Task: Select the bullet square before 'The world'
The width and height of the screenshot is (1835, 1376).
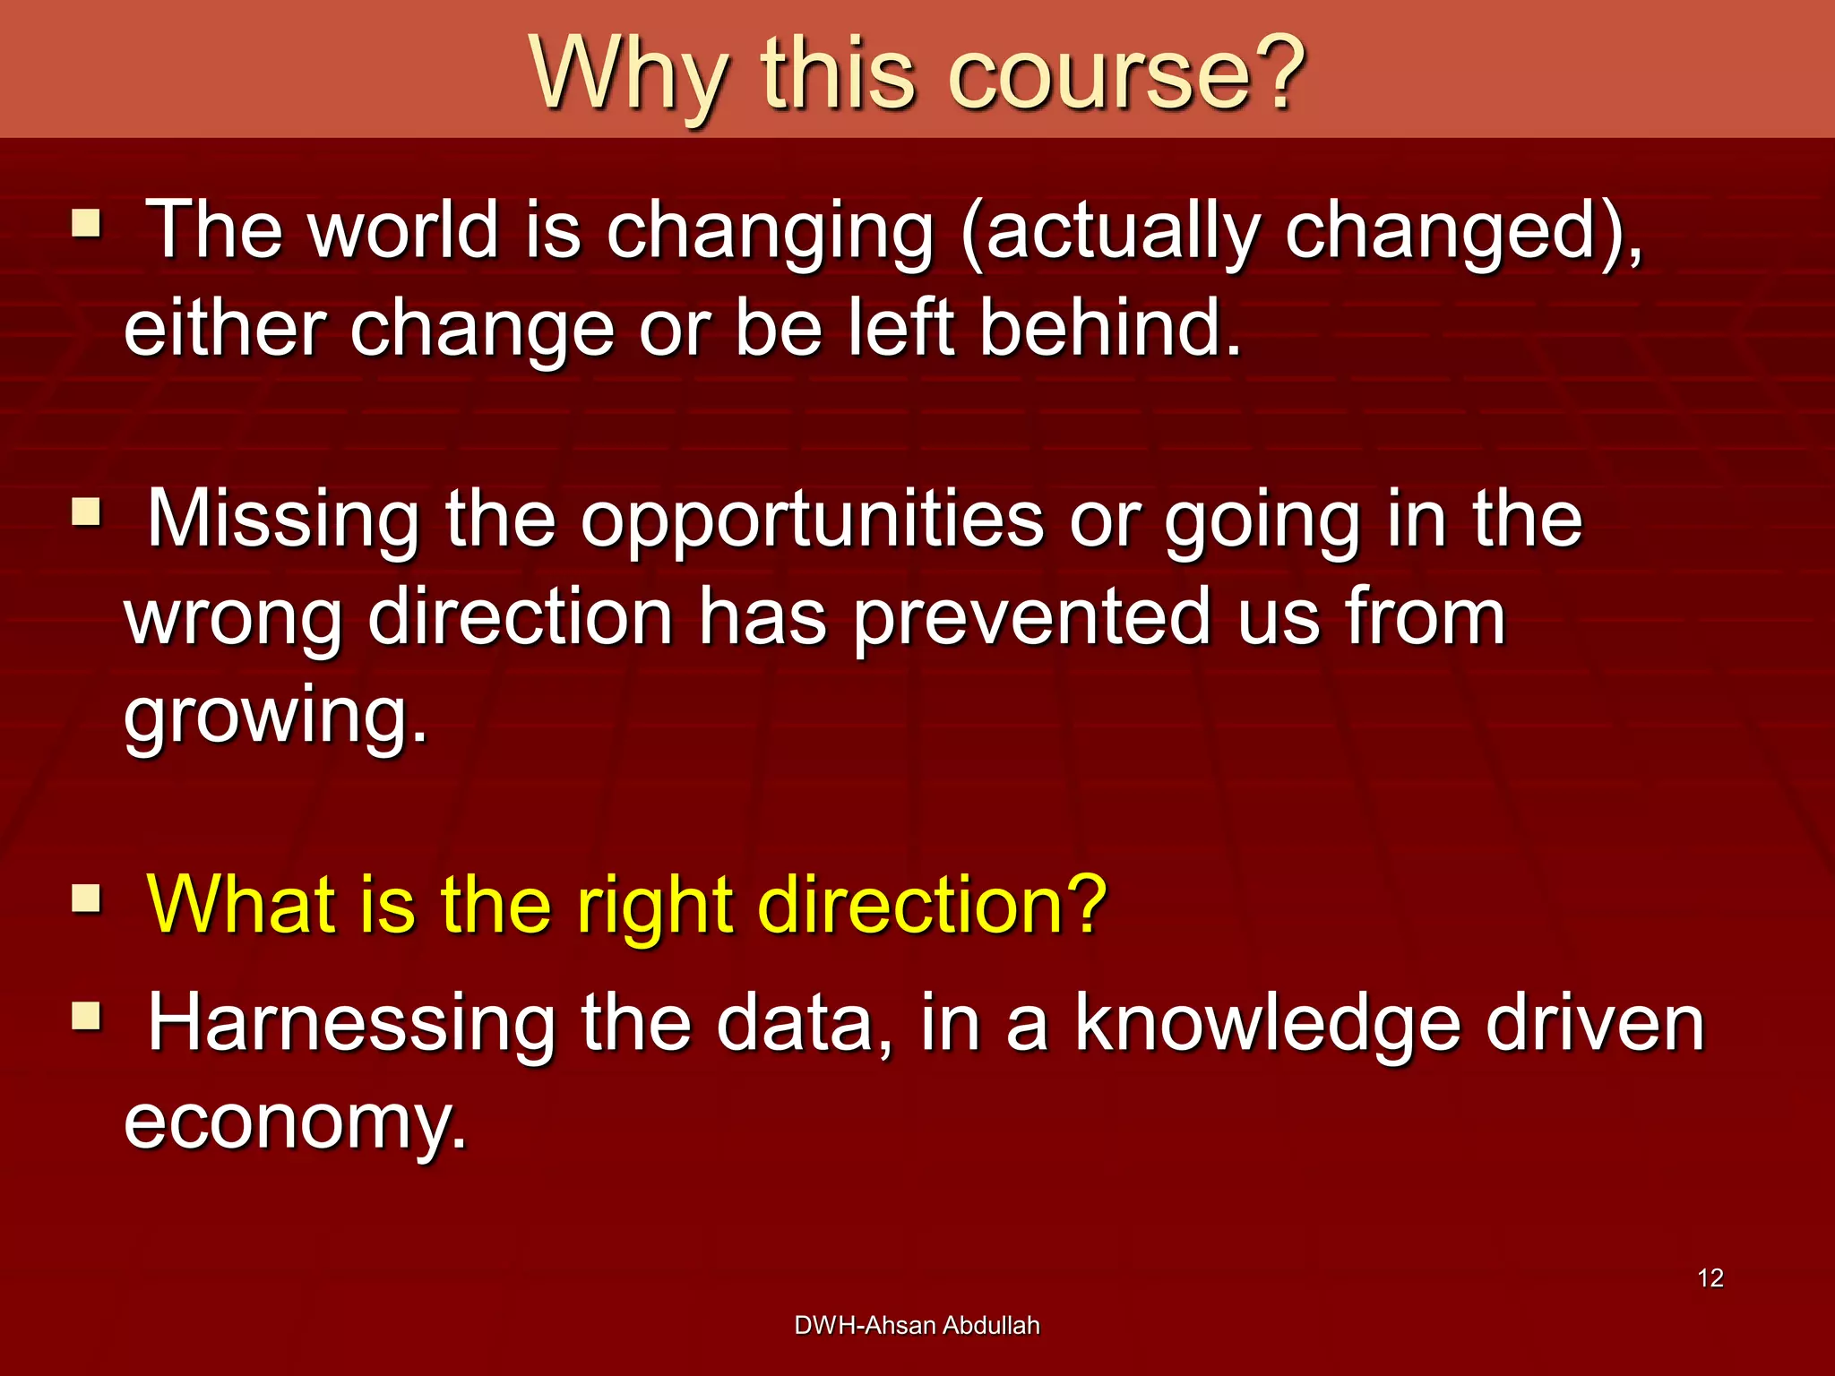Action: click(87, 223)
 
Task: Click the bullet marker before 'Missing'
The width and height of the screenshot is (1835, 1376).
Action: click(87, 513)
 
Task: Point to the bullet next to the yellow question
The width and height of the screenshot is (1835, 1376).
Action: click(87, 898)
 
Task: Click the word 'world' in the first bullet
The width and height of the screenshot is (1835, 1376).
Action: click(403, 230)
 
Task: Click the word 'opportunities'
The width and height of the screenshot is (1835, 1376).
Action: click(811, 522)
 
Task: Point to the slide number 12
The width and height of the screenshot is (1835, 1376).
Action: click(1710, 1277)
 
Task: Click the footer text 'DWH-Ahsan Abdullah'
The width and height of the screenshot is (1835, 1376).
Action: click(917, 1325)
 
